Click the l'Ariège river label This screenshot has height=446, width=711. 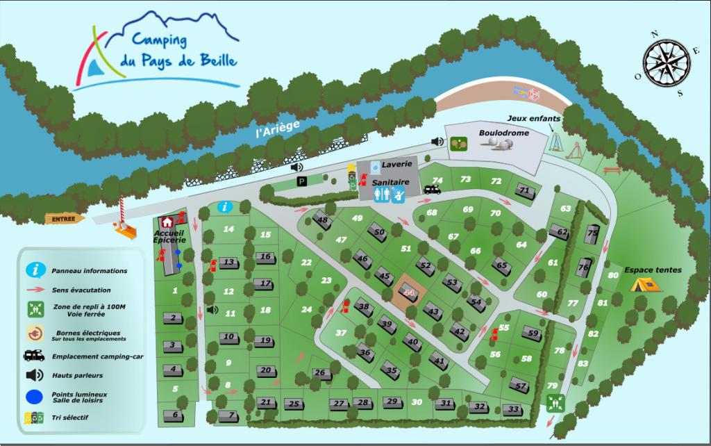point(278,128)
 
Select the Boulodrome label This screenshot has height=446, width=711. point(504,133)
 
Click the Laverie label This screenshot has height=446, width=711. point(396,165)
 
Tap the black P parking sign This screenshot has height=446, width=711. point(302,181)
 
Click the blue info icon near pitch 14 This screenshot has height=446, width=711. point(224,206)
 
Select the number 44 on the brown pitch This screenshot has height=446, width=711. point(408,292)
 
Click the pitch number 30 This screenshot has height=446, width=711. point(417,402)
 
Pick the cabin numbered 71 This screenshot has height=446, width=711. point(525,191)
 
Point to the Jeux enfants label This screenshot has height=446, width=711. point(533,119)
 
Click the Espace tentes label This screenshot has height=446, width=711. point(653,270)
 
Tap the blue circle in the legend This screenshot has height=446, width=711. point(34,398)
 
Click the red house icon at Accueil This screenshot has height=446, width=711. point(167,222)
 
